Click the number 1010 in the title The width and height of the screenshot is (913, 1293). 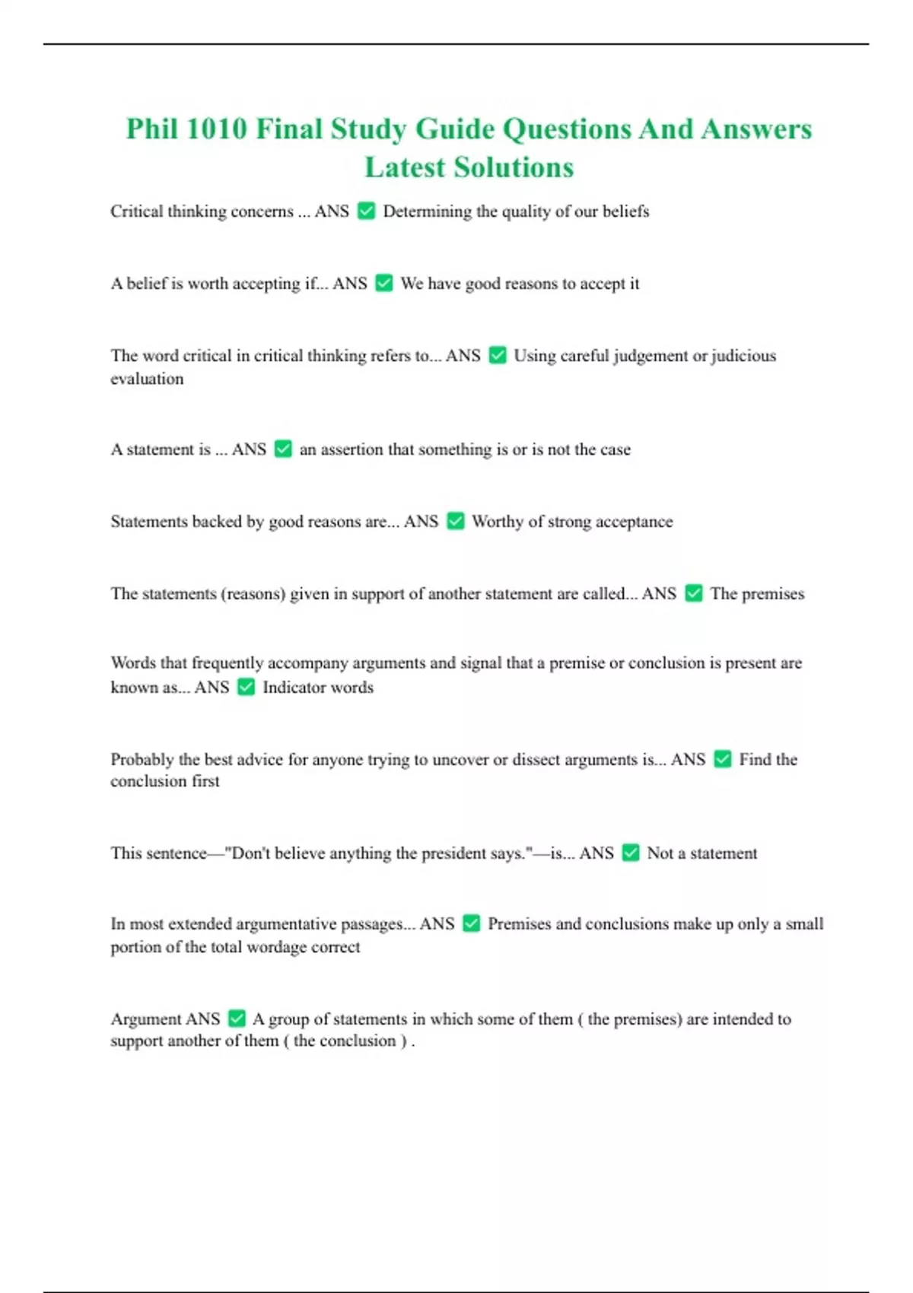pos(216,129)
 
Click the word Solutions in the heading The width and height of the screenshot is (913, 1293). pos(514,167)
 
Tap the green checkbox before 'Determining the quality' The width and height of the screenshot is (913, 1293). pos(366,211)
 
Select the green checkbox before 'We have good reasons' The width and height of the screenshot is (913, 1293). pos(384,283)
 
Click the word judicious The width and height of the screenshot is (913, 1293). pos(743,356)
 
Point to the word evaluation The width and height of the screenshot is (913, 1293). pos(147,379)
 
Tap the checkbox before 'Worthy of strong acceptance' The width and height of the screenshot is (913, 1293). pos(455,521)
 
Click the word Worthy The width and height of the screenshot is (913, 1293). pos(498,522)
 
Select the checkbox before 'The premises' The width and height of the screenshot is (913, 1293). pos(693,593)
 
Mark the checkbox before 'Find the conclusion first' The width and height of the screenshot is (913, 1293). pos(723,759)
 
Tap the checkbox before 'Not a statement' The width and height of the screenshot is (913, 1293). pos(630,853)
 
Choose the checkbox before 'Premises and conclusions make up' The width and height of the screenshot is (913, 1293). pos(471,923)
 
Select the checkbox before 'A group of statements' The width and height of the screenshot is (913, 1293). pos(237,1018)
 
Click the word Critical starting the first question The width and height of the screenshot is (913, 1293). pos(136,211)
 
